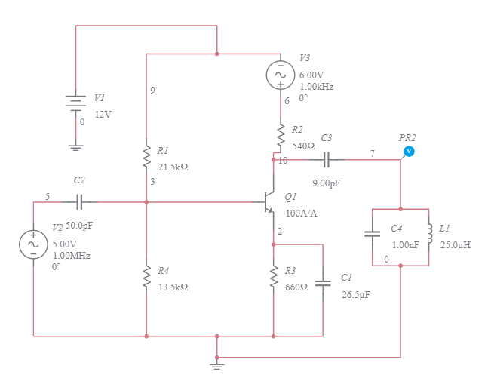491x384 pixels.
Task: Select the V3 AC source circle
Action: [280, 74]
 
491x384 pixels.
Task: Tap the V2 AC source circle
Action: [33, 243]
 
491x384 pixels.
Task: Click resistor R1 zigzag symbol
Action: [146, 156]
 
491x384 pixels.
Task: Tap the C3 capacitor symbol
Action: [327, 159]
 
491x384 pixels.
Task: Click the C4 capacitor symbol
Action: [373, 233]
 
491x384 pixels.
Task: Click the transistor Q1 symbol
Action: [269, 201]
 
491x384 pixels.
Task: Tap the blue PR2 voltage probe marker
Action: [409, 152]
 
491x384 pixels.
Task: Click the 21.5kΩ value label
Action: [173, 166]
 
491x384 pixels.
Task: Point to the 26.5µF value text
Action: [355, 294]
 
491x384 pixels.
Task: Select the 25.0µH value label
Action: [456, 245]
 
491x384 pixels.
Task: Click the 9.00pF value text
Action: [326, 183]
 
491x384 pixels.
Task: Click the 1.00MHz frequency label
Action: [71, 256]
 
